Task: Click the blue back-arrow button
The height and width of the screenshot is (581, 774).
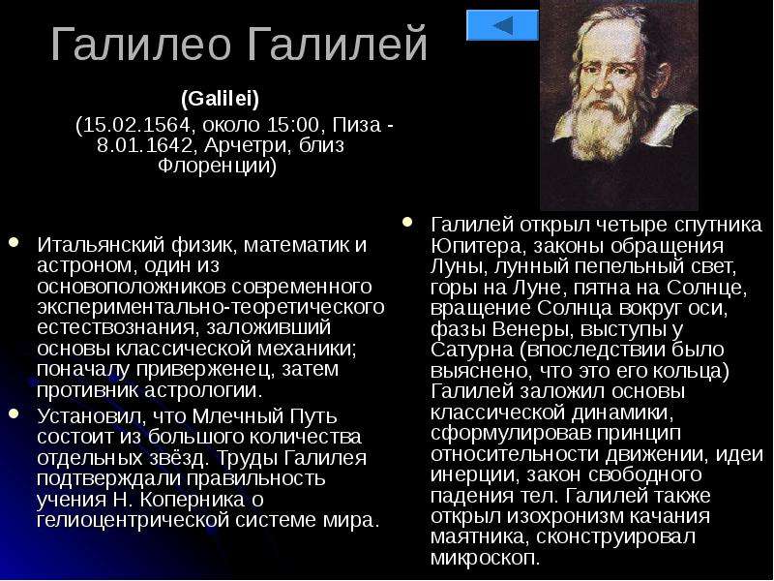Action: pos(502,25)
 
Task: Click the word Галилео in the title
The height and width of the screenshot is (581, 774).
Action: pos(140,44)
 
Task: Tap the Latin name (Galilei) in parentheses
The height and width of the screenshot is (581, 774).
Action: pos(221,100)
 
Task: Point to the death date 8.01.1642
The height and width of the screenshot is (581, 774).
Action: pos(144,145)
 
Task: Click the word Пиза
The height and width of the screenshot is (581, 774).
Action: pos(357,125)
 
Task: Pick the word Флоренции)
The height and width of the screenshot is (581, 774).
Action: pos(217,166)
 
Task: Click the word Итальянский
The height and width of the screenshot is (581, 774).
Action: pos(101,245)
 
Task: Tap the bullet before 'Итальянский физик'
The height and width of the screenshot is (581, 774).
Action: pos(14,242)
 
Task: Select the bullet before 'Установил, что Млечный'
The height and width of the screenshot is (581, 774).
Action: pos(14,413)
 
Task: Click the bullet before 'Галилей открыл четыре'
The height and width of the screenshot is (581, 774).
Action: pos(407,222)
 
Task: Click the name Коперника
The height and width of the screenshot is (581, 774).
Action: pos(193,499)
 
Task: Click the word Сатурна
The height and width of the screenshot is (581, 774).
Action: pos(472,350)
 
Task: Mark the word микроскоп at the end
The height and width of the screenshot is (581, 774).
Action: pos(483,558)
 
